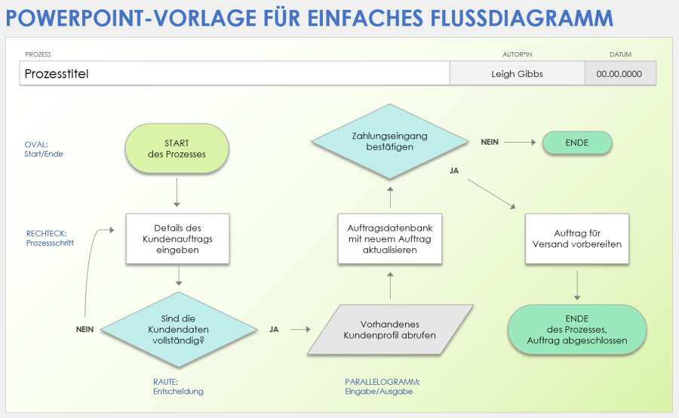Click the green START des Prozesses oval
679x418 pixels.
point(177,149)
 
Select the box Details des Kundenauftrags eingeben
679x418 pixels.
point(177,239)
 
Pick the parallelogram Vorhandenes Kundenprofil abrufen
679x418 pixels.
point(389,330)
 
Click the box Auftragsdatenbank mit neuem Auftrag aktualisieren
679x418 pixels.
point(390,238)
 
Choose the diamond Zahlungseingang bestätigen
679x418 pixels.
point(390,141)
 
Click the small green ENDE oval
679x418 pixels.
point(576,143)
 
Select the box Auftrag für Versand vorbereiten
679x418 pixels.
point(576,239)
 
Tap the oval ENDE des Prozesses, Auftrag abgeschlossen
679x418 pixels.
point(577,330)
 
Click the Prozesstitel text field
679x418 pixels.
point(234,74)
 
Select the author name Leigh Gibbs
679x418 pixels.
point(517,74)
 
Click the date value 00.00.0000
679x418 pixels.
point(619,74)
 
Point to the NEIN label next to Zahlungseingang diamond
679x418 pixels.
point(489,142)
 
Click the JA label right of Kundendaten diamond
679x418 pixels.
point(274,330)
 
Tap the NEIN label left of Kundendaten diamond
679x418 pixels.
point(84,330)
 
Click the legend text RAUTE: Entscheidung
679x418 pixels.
point(177,386)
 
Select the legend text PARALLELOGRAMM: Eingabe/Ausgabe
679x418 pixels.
point(383,386)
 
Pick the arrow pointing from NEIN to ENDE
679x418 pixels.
point(519,142)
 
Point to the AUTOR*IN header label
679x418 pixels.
point(517,54)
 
